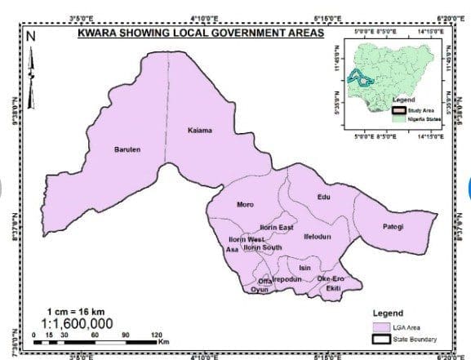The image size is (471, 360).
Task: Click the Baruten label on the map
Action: [x=128, y=149]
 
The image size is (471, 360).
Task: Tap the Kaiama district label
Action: [x=199, y=131]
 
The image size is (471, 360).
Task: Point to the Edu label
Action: [x=323, y=198]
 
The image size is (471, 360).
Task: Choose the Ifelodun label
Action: [x=317, y=236]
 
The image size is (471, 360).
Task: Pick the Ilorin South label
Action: [x=263, y=247]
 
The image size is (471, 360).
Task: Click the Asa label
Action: [x=231, y=250]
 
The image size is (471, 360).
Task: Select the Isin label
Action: [x=305, y=268]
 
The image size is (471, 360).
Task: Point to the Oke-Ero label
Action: [x=331, y=279]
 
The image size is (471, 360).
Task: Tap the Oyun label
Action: [x=260, y=290]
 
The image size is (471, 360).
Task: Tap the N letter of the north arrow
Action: [x=31, y=36]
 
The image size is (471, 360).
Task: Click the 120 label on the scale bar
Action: [x=157, y=336]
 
